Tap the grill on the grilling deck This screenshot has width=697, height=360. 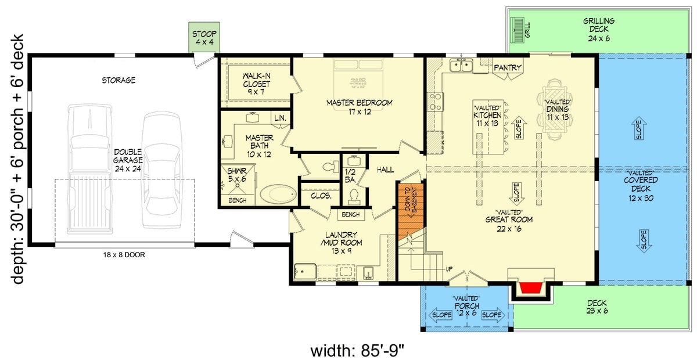[x=517, y=28]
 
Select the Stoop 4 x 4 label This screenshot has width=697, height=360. [x=203, y=37]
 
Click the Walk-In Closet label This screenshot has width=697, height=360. [x=255, y=84]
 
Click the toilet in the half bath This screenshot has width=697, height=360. [x=353, y=195]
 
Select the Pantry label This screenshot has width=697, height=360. [x=507, y=68]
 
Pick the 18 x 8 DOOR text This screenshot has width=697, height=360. [x=124, y=254]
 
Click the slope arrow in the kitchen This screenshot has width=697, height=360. [x=519, y=129]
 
